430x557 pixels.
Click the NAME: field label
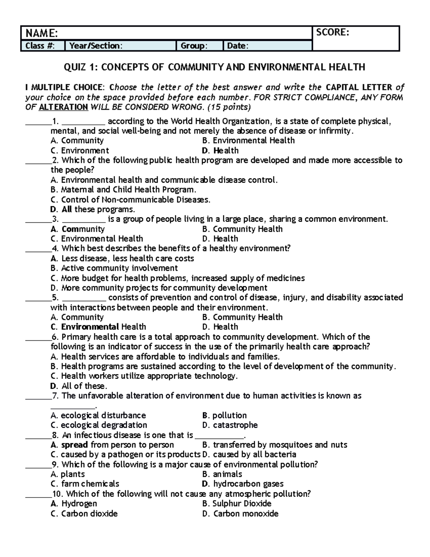click(40, 33)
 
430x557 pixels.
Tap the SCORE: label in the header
click(332, 32)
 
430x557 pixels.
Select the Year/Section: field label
click(95, 46)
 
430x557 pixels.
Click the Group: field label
click(193, 46)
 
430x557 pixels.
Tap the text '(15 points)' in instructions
click(229, 107)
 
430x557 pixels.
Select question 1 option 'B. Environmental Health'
click(248, 141)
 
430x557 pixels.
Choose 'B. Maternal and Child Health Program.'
click(124, 190)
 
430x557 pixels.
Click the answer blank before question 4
click(38, 249)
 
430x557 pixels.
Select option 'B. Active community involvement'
click(114, 268)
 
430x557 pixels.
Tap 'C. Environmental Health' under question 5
click(99, 327)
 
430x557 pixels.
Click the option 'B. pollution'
click(224, 416)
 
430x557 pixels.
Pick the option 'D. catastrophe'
click(230, 425)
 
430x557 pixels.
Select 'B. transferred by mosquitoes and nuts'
click(274, 445)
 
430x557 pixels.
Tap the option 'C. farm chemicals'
click(85, 484)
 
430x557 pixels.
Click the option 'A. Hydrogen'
click(74, 504)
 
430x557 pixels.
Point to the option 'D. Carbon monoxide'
click(240, 514)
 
